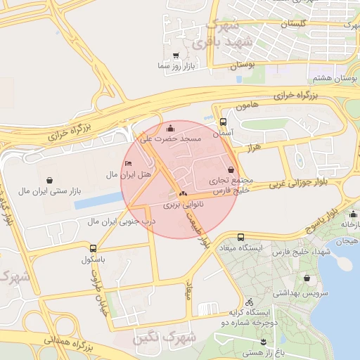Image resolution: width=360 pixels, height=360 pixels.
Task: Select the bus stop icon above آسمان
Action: click(223, 121)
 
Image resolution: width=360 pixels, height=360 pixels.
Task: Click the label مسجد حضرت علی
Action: click(171, 139)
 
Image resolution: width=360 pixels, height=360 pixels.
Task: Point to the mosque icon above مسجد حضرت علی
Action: click(171, 129)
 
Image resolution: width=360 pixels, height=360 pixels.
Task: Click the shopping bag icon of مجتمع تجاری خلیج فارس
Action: click(232, 169)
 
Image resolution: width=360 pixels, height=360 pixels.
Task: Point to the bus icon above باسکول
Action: click(94, 248)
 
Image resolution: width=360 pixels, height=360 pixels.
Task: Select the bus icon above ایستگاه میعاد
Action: click(241, 238)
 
